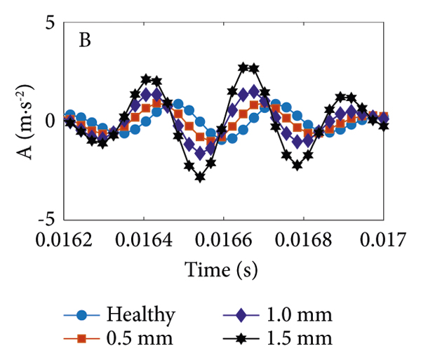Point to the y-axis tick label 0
pyautogui.click(x=49, y=120)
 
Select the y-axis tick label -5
pyautogui.click(x=45, y=218)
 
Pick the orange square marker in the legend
pyautogui.click(x=83, y=340)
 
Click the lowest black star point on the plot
pyautogui.click(x=200, y=177)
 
